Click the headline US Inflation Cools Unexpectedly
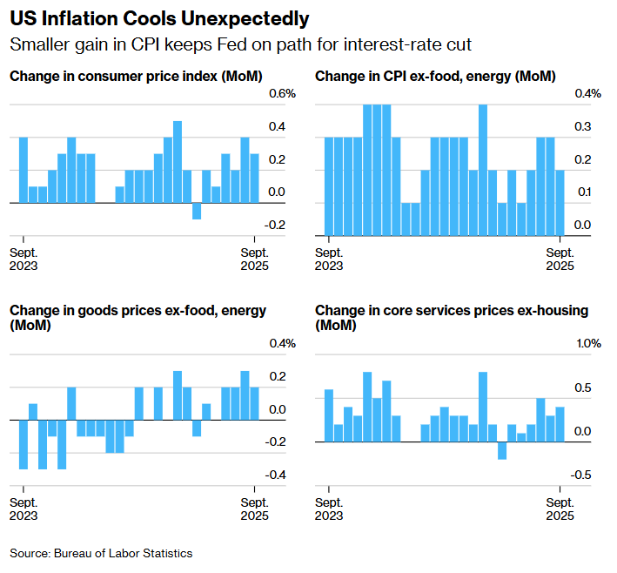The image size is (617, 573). click(x=158, y=18)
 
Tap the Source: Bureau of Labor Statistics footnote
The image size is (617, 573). click(x=101, y=553)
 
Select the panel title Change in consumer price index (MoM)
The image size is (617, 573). click(x=136, y=77)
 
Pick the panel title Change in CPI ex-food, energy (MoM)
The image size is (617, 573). click(x=435, y=77)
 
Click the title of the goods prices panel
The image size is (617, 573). click(x=137, y=318)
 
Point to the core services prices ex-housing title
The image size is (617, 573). click(x=452, y=318)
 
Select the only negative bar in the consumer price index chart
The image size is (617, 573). click(x=197, y=211)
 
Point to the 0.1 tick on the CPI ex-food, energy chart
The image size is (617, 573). click(x=582, y=192)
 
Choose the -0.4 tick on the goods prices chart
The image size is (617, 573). click(x=276, y=475)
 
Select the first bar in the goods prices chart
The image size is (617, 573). click(x=23, y=444)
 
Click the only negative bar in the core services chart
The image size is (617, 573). click(x=502, y=450)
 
